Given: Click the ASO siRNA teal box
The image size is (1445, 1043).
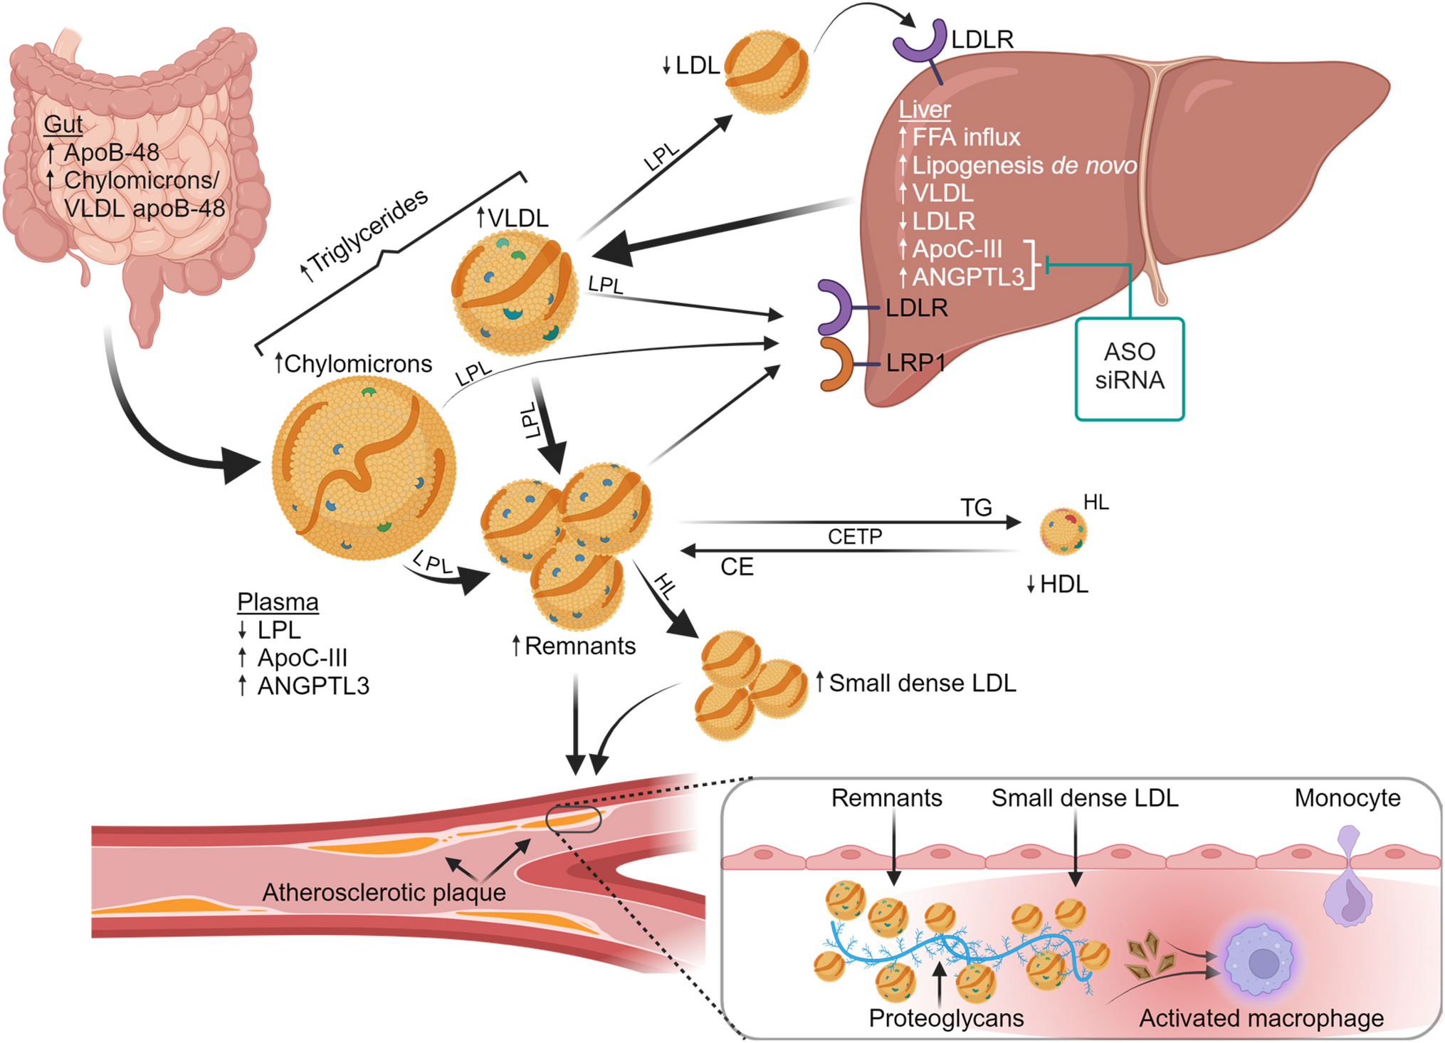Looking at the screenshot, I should tap(1129, 369).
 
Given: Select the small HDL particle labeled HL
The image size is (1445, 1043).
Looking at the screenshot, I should tap(1063, 531).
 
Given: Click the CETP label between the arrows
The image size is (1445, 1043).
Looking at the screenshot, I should tap(854, 536).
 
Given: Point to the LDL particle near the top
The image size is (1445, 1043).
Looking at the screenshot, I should tap(767, 71).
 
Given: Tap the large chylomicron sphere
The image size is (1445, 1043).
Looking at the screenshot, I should tap(364, 468).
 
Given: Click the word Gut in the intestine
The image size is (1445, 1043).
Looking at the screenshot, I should tap(63, 124).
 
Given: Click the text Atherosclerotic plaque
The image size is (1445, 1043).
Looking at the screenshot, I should tap(384, 892).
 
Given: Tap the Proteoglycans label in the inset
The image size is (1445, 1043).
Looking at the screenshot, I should tap(946, 1018).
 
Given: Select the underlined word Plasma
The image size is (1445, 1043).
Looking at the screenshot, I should tap(278, 602).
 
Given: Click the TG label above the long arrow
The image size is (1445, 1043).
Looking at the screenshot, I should tap(975, 508).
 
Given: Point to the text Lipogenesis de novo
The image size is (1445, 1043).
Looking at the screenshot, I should tap(1024, 165).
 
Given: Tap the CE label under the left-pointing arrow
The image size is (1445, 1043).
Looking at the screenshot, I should tap(737, 567).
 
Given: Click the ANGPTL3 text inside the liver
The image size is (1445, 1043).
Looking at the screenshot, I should tap(967, 276).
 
